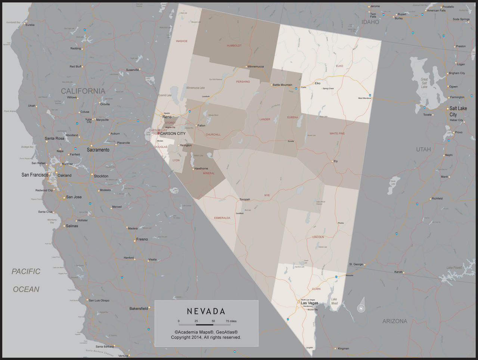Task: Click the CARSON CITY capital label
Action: tap(173, 133)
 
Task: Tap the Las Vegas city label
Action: tap(310, 303)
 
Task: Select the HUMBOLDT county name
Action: tap(234, 46)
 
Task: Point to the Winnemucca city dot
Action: tap(246, 67)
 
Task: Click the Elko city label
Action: tap(317, 83)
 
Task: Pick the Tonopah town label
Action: tap(245, 199)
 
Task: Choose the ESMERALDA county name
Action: tap(222, 218)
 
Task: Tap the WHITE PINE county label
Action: tap(337, 133)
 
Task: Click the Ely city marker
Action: tap(332, 161)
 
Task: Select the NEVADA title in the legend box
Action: tap(206, 311)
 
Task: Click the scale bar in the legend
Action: tap(205, 324)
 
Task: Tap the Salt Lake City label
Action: tap(458, 111)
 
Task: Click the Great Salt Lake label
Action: tap(424, 83)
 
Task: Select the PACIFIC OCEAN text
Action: tap(26, 280)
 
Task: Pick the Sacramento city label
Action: tap(98, 150)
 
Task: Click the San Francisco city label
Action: tap(35, 175)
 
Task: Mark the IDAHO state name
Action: tap(370, 22)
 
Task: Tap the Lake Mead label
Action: tap(334, 301)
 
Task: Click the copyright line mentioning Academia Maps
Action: tap(206, 332)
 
